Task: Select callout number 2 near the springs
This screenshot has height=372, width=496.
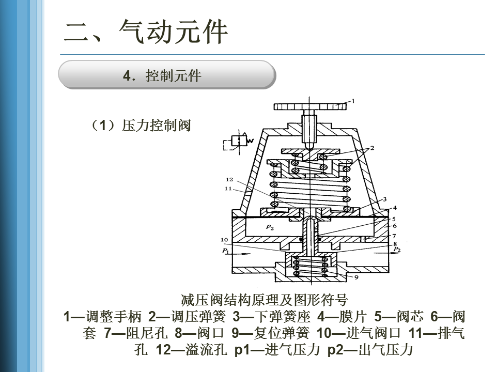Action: (x=372, y=148)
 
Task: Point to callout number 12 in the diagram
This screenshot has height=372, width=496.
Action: (x=230, y=179)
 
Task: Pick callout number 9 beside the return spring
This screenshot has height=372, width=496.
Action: (x=357, y=277)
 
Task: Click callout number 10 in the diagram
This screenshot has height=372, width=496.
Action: (x=224, y=240)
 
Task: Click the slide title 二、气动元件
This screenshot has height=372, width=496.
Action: (x=146, y=32)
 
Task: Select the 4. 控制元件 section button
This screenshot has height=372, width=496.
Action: (x=166, y=75)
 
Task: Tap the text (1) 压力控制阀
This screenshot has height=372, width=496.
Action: (x=141, y=126)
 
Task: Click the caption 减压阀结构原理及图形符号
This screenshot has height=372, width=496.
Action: (x=264, y=300)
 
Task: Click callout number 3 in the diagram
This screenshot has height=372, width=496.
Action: (x=384, y=198)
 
